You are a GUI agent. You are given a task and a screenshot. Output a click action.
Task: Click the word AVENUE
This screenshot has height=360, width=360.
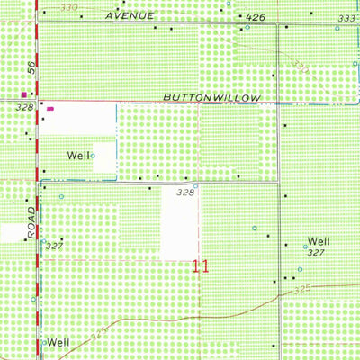click(130, 15)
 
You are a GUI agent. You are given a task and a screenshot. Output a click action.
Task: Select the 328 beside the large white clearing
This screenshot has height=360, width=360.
click(185, 192)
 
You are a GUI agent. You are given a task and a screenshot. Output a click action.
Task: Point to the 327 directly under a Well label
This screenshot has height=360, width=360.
click(314, 253)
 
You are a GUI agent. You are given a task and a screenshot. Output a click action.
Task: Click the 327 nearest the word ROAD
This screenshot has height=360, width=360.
click(54, 246)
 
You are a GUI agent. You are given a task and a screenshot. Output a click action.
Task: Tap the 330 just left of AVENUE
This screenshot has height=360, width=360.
click(64, 7)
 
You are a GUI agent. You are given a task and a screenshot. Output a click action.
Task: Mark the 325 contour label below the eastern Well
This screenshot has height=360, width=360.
click(301, 288)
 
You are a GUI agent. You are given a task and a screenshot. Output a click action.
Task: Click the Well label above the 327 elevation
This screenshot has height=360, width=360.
click(319, 241)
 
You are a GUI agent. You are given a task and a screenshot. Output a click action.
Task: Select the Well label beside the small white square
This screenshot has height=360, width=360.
click(78, 156)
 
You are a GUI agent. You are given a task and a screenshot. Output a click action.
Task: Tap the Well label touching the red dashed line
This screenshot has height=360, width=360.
click(58, 342)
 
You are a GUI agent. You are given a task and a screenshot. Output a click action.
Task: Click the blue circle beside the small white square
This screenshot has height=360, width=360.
click(92, 156)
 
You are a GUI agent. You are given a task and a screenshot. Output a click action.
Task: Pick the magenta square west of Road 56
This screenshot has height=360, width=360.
click(23, 93)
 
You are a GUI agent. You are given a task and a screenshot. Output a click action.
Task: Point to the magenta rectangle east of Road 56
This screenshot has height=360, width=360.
click(50, 109)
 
